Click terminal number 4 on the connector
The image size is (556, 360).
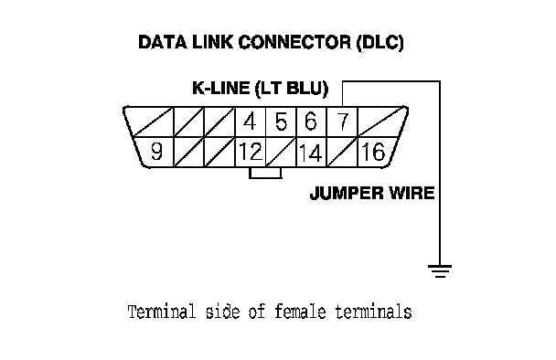[x=251, y=122]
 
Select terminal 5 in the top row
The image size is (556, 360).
[x=281, y=122]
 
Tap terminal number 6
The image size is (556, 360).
[x=311, y=122]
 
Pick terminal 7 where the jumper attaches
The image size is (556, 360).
[x=342, y=122]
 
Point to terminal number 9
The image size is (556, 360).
[x=156, y=152]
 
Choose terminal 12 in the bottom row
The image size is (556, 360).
[x=251, y=152]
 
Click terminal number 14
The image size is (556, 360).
[x=311, y=153]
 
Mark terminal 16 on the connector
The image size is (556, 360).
[x=374, y=152]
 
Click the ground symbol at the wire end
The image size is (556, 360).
[x=440, y=271]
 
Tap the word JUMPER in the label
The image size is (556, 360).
[x=347, y=193]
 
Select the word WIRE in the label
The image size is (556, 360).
[x=412, y=193]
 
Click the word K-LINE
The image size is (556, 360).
[x=221, y=88]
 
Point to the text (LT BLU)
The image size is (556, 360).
[x=292, y=89]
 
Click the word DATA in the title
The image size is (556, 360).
[x=163, y=42]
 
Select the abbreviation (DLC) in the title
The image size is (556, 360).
[x=380, y=43]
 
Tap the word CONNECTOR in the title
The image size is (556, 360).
[x=294, y=42]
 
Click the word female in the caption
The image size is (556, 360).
[x=300, y=312]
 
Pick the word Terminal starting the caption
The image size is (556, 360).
[x=162, y=312]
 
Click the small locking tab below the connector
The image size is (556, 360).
[x=265, y=173]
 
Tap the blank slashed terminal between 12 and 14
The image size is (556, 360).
[x=281, y=152]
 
